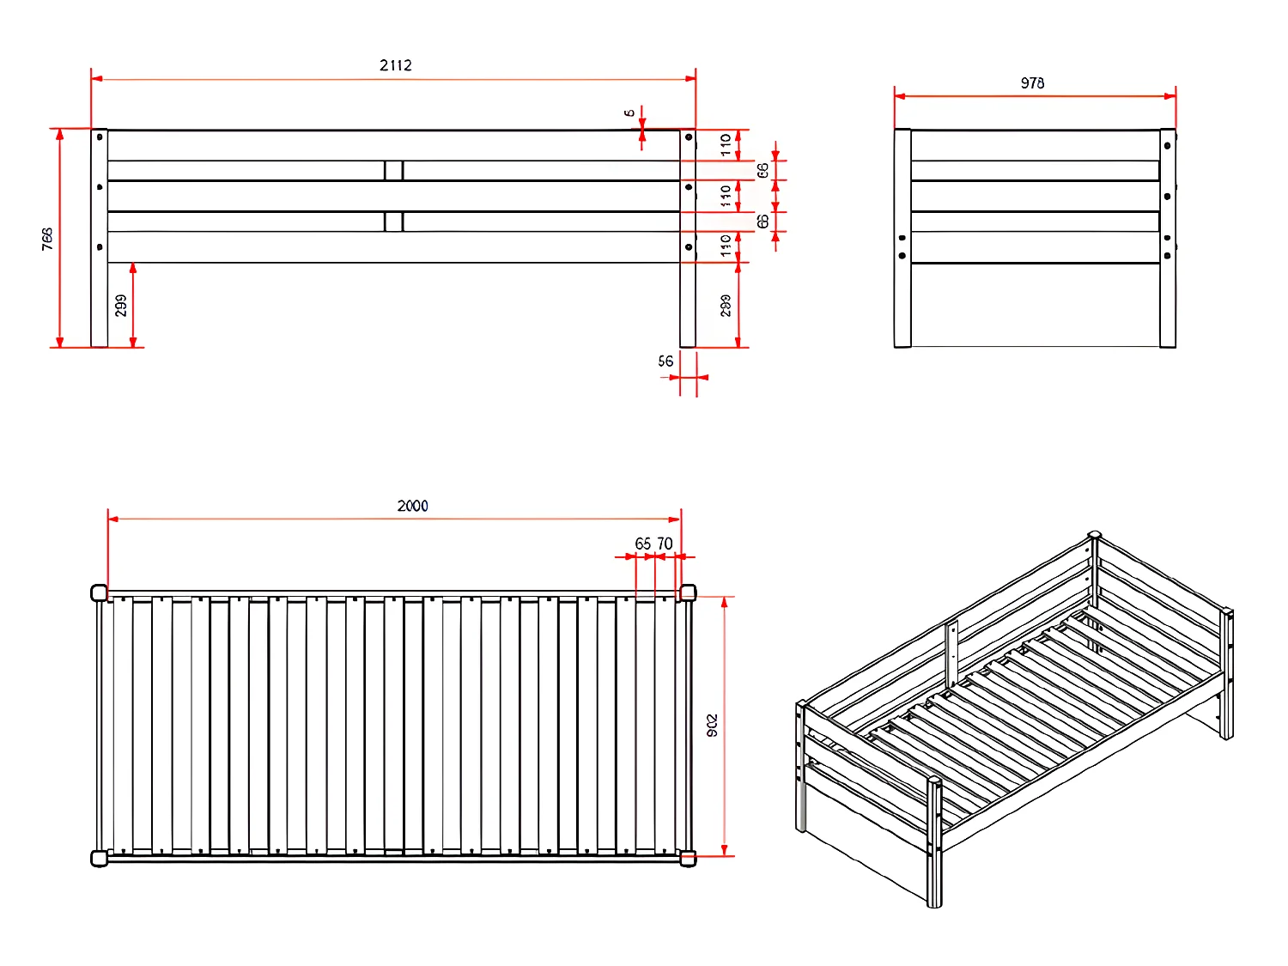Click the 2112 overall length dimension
coord(396,65)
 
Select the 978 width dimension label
coord(1032,83)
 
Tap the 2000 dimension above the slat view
coord(412,506)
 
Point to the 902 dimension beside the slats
coord(712,726)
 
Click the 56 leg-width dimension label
coord(665,361)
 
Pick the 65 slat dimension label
coord(642,544)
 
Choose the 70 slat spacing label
coord(665,544)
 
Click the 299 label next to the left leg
coord(121,306)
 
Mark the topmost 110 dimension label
coord(726,144)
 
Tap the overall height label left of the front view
coord(47,239)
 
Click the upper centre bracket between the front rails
coord(393,170)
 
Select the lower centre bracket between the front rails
coord(393,222)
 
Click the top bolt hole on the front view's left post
coord(100,137)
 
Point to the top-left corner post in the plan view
coord(99,592)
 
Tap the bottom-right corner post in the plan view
coord(688,858)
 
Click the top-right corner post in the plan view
coord(688,592)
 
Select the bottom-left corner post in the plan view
coord(99,858)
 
